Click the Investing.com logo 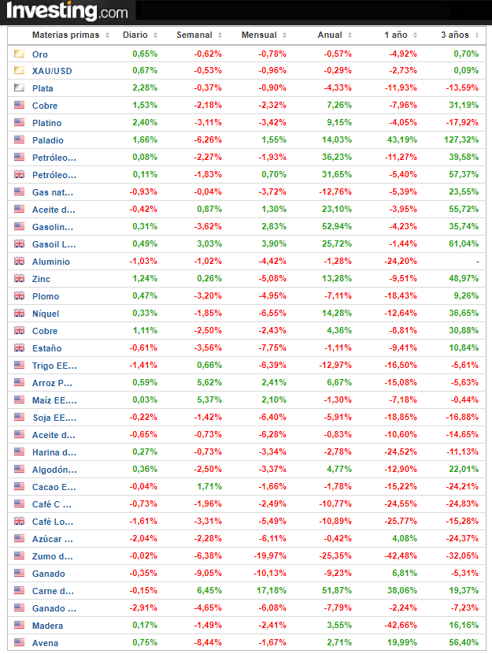[x=67, y=11]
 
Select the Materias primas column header [x=65, y=35]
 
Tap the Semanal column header [x=194, y=35]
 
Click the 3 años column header [x=455, y=35]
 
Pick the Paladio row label [x=48, y=140]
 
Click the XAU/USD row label [x=52, y=71]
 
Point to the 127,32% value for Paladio [x=461, y=140]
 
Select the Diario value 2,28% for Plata [x=145, y=88]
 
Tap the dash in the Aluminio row [x=477, y=262]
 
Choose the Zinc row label [x=42, y=279]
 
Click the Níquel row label [x=46, y=314]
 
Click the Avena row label [x=45, y=643]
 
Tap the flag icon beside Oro [x=19, y=54]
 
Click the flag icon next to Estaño [x=19, y=348]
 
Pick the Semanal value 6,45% [x=209, y=591]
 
